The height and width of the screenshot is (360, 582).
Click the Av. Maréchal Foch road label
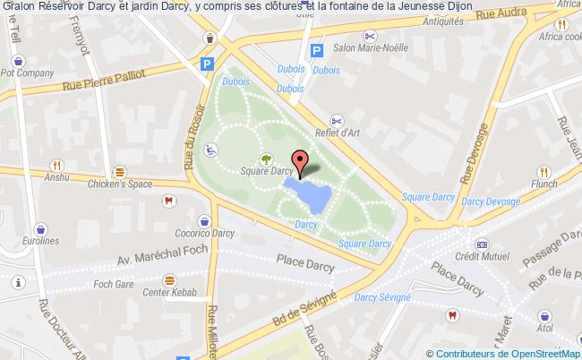pyautogui.click(x=161, y=254)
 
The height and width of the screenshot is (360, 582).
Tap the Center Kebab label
pyautogui.click(x=168, y=292)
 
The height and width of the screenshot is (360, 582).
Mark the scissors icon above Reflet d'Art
pyautogui.click(x=337, y=120)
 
